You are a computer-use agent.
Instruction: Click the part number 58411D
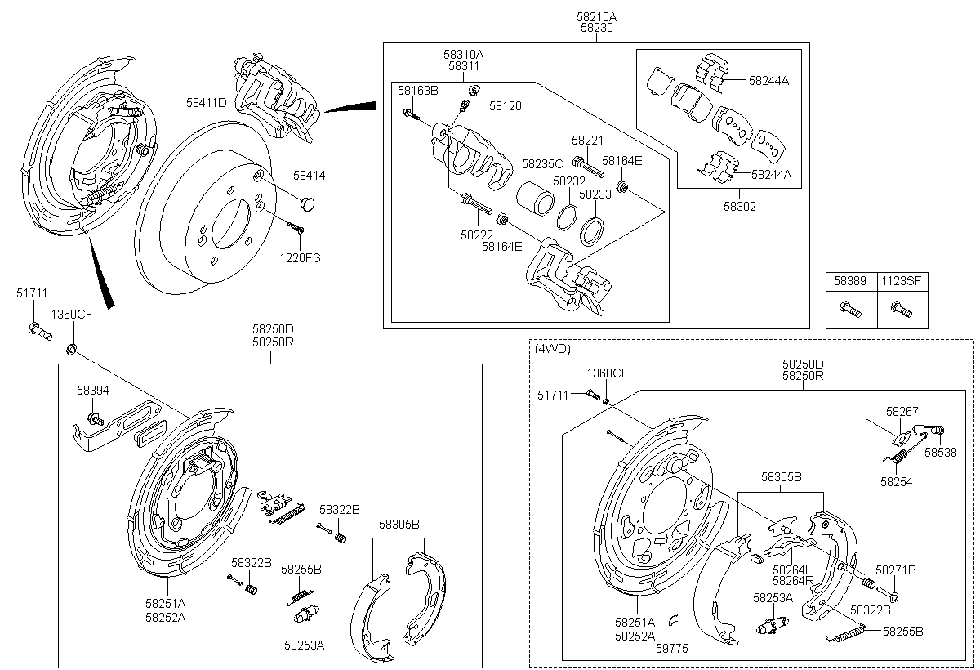(x=206, y=103)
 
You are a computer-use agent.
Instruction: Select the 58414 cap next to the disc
(x=308, y=202)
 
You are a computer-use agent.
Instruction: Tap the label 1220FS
(x=301, y=258)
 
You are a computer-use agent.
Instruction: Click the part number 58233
(x=595, y=194)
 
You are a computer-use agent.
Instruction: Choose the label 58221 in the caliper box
(x=587, y=141)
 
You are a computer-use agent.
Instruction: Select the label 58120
(x=506, y=106)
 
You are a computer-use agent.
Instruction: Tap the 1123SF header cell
(x=902, y=281)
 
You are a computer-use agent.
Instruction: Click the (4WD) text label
(x=553, y=349)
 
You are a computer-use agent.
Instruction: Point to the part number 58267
(x=902, y=412)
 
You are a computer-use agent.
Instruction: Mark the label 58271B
(x=896, y=569)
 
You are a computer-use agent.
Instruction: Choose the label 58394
(x=93, y=391)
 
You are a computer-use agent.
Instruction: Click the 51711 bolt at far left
(x=38, y=330)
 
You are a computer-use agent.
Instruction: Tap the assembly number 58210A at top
(x=597, y=16)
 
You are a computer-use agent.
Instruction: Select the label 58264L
(x=792, y=569)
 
